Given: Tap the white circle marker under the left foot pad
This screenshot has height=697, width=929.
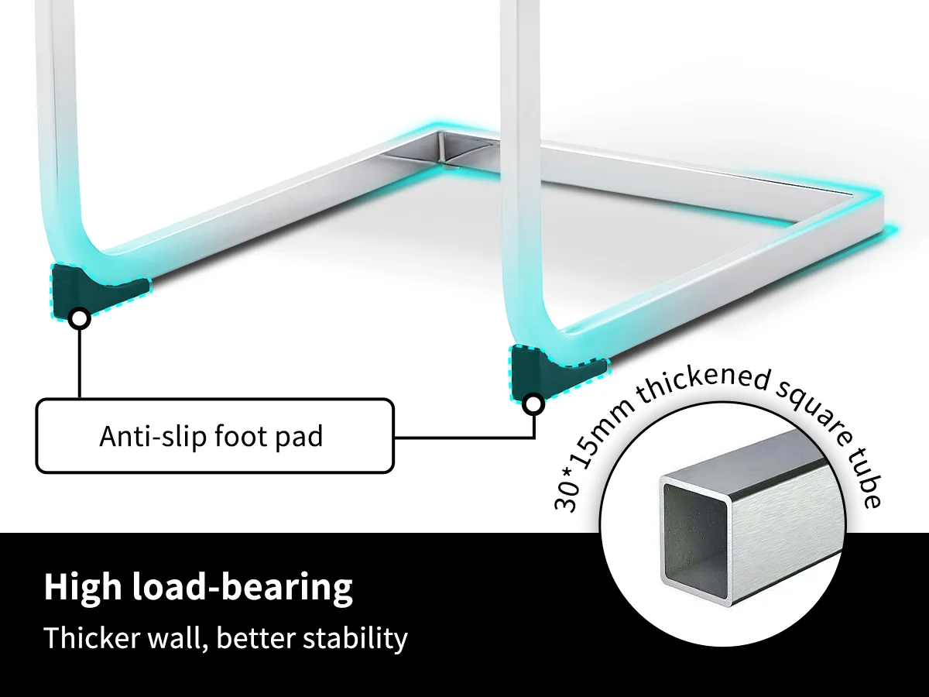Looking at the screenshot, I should point(79,318).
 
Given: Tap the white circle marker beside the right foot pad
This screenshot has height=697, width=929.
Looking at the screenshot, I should point(533,403).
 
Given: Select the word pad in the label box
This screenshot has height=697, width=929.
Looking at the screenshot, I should point(300,437).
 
